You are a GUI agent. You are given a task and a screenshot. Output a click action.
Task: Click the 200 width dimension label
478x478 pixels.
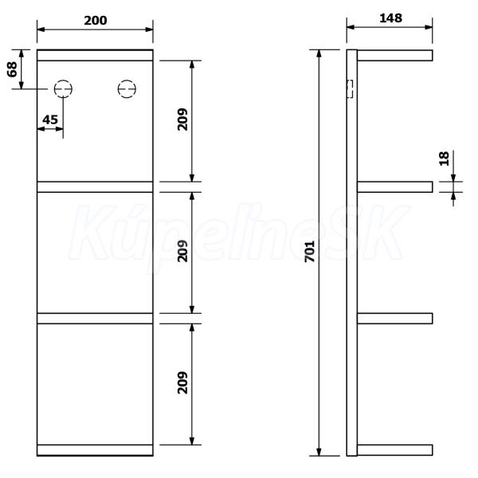[x=96, y=21]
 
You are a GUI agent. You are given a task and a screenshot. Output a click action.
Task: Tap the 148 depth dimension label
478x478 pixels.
[x=390, y=18]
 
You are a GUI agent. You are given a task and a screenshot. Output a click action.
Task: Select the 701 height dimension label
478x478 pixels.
[x=310, y=252]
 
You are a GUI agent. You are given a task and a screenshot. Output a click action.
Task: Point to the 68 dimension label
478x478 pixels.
[x=12, y=69]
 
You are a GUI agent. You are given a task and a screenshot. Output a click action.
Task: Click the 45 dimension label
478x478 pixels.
[x=50, y=119]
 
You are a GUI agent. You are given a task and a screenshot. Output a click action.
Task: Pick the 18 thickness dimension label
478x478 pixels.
[x=445, y=159]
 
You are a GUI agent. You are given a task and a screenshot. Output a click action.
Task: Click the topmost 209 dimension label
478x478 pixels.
[x=182, y=119]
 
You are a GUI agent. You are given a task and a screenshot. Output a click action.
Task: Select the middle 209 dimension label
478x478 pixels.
[x=182, y=251]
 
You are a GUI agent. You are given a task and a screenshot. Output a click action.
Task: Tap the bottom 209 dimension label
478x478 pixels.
[x=182, y=382]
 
